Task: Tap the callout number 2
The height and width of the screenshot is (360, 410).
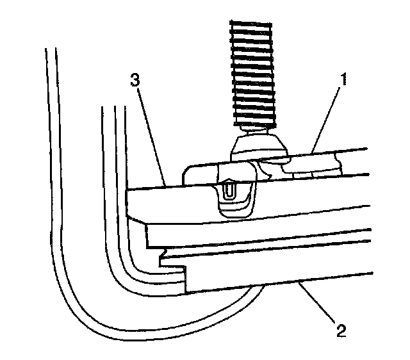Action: coord(341,331)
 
